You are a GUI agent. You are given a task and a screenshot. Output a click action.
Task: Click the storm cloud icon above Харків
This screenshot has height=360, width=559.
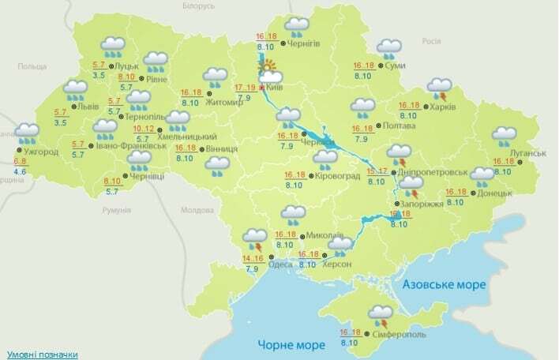click(439, 87)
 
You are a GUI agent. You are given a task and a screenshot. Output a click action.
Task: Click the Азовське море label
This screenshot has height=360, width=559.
click(439, 283)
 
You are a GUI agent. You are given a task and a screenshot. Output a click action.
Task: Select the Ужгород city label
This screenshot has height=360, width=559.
click(41, 152)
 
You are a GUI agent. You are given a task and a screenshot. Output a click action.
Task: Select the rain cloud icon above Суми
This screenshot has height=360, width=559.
click(388, 49)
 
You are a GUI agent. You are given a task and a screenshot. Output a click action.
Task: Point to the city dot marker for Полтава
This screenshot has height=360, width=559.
click(377, 125)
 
